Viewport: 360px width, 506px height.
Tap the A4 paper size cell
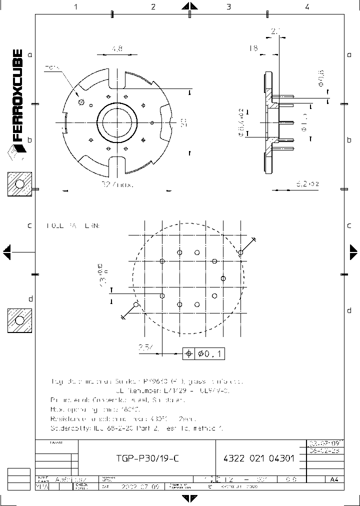click(334, 479)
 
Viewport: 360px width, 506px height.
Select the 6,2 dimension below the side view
click(307, 184)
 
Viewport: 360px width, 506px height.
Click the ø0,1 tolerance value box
click(210, 354)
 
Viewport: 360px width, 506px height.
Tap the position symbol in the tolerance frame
click(188, 354)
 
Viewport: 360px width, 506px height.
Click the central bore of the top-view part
click(116, 121)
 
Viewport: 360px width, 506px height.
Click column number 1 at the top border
click(76, 6)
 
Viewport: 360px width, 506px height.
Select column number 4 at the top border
click(307, 6)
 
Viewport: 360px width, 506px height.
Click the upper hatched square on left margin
click(19, 184)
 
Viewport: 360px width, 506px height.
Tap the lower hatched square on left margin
click(19, 320)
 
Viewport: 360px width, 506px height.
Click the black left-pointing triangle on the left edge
click(6, 251)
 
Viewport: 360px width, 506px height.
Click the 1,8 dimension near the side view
click(253, 48)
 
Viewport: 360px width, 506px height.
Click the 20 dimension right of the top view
click(183, 121)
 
